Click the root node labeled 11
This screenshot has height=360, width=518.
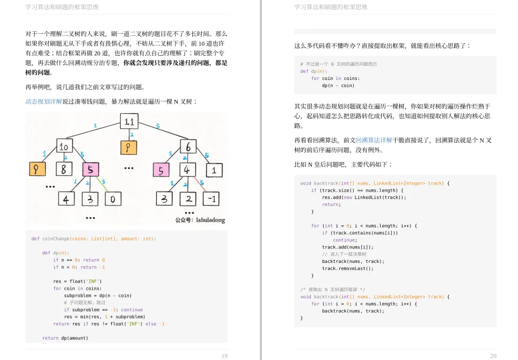point(129,122)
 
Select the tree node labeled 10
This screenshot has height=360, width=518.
point(64,146)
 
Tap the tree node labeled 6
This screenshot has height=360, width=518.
point(188,146)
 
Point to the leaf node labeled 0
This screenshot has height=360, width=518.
point(112,200)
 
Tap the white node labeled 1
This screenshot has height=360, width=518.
point(214,171)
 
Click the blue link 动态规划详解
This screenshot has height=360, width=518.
point(43,101)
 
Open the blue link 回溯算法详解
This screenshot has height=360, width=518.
point(374,140)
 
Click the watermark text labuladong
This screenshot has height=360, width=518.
point(209,221)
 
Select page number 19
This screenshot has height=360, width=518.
point(224,356)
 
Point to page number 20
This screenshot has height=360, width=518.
point(493,356)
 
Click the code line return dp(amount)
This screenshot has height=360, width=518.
point(65,338)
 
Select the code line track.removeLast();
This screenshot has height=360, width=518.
point(347,268)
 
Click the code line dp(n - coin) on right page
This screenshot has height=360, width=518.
point(338,85)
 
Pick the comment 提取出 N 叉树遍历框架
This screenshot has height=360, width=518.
point(332,289)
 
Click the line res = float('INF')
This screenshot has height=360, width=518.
point(77,281)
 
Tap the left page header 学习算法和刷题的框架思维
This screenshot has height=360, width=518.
point(62,7)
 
